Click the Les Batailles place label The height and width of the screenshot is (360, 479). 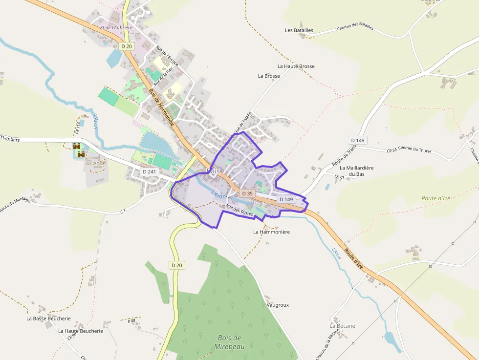299,30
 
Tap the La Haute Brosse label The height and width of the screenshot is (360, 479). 296,66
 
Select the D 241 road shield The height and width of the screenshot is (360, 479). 149,172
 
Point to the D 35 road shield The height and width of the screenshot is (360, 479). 247,193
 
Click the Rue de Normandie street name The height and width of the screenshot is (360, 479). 161,108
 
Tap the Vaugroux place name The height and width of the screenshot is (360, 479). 278,305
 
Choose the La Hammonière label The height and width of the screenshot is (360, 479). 271,232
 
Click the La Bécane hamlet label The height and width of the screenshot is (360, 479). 342,326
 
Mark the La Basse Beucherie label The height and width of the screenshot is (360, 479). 48,318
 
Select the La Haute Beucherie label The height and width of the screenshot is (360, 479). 81,331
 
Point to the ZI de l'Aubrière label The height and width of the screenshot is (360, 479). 116,28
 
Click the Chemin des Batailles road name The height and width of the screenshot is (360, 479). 355,27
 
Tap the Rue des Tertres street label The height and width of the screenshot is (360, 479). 240,211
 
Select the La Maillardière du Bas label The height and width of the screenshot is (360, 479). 356,171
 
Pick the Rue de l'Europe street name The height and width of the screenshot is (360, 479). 167,56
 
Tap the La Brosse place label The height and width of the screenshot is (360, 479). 269,76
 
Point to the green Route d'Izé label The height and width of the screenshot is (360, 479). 435,198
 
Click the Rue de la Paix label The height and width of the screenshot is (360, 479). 163,76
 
